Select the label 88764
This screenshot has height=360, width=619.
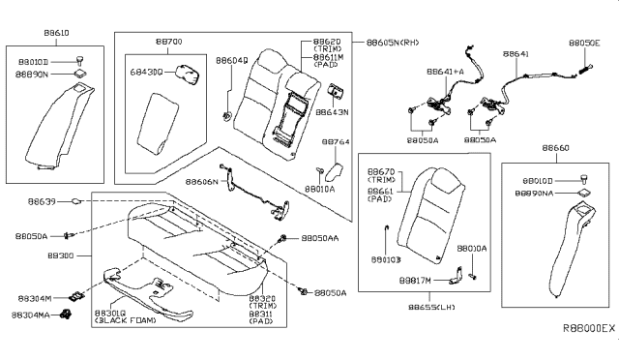tap(336, 141)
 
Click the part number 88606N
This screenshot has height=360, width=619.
tap(200, 181)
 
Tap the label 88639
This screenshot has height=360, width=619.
tap(58, 202)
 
